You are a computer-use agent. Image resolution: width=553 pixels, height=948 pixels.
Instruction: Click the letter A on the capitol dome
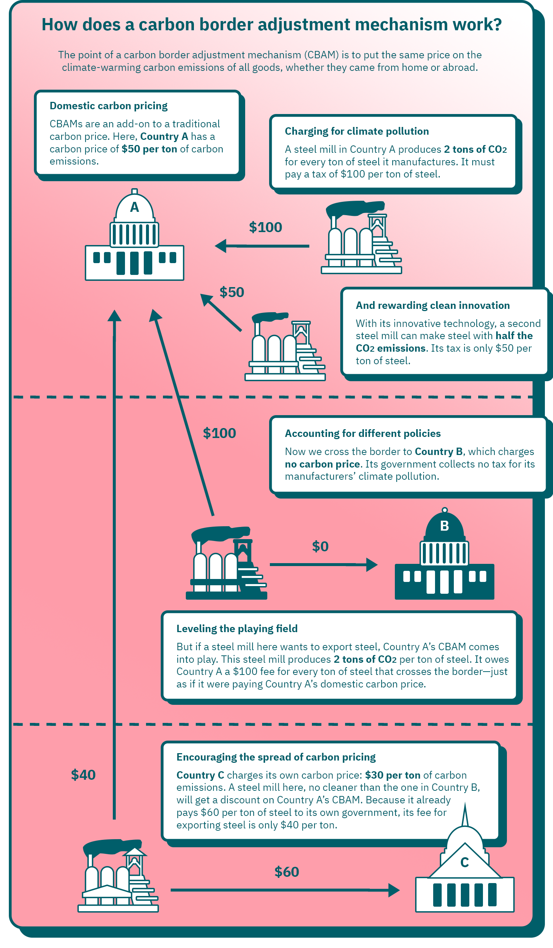pyautogui.click(x=134, y=207)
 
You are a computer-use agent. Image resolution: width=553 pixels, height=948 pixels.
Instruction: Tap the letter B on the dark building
pyautogui.click(x=444, y=526)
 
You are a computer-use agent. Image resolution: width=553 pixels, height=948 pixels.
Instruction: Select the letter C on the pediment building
pyautogui.click(x=465, y=862)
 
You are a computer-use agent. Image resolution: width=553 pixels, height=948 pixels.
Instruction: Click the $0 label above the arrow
pyautogui.click(x=320, y=546)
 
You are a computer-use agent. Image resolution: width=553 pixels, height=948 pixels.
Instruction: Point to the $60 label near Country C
pyautogui.click(x=286, y=872)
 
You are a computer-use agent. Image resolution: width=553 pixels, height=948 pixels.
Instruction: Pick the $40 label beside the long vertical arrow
pyautogui.click(x=83, y=775)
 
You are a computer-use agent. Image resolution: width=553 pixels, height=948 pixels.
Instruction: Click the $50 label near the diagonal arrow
pyautogui.click(x=232, y=292)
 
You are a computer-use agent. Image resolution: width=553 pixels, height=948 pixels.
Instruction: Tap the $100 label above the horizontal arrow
pyautogui.click(x=265, y=227)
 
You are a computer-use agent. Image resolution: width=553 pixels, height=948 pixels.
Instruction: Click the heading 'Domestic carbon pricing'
pyautogui.click(x=109, y=106)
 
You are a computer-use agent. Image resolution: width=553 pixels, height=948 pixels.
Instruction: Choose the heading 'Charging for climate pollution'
pyautogui.click(x=357, y=131)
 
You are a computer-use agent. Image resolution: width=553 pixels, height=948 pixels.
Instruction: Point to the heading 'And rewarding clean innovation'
pyautogui.click(x=433, y=305)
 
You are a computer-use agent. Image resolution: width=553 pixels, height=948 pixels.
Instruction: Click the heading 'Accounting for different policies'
pyautogui.click(x=362, y=433)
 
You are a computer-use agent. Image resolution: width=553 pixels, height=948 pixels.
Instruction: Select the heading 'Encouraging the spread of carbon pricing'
pyautogui.click(x=276, y=757)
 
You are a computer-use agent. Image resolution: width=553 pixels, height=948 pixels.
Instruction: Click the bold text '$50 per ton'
pyautogui.click(x=149, y=149)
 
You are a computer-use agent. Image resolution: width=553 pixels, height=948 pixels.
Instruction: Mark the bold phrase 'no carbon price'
pyautogui.click(x=322, y=464)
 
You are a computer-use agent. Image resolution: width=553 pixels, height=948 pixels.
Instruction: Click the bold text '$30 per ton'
pyautogui.click(x=393, y=775)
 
